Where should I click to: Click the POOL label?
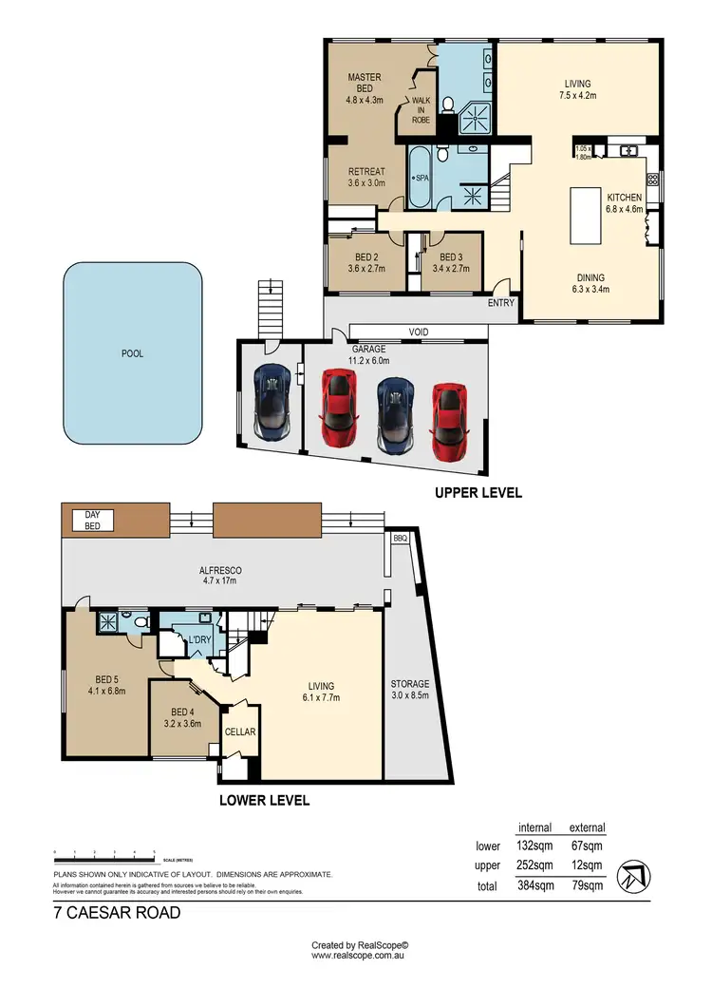click(133, 353)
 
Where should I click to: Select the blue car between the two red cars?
click(393, 416)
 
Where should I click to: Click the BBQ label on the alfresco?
click(400, 538)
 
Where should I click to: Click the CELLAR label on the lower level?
click(238, 732)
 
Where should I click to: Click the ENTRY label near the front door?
click(500, 303)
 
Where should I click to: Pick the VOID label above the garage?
click(419, 332)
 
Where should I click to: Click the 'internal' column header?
click(535, 827)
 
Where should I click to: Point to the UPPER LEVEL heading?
click(478, 493)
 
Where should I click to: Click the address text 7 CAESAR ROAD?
click(116, 913)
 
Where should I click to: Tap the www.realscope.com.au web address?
click(360, 956)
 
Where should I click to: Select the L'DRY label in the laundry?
click(198, 639)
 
